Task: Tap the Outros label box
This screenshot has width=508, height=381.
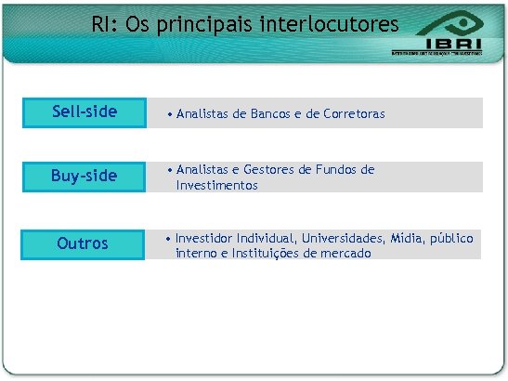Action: (83, 243)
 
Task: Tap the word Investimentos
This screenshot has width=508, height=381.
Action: (217, 185)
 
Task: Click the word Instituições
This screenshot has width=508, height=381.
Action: (273, 253)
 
